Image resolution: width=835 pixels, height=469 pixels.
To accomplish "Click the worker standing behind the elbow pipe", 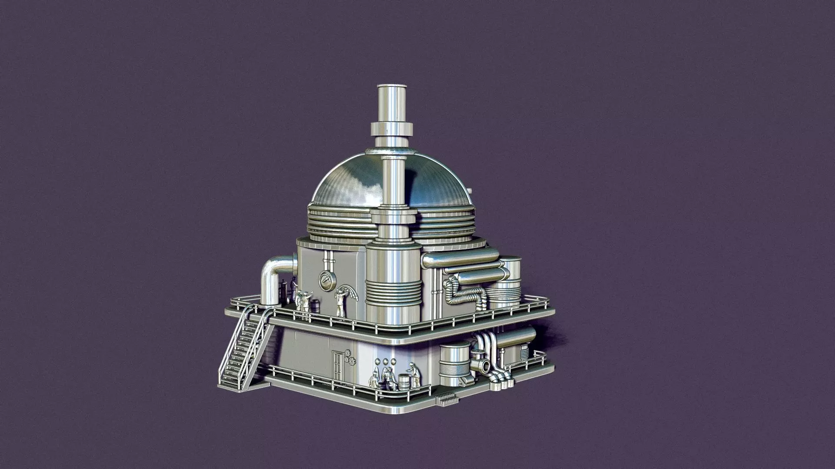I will point(294,289).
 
